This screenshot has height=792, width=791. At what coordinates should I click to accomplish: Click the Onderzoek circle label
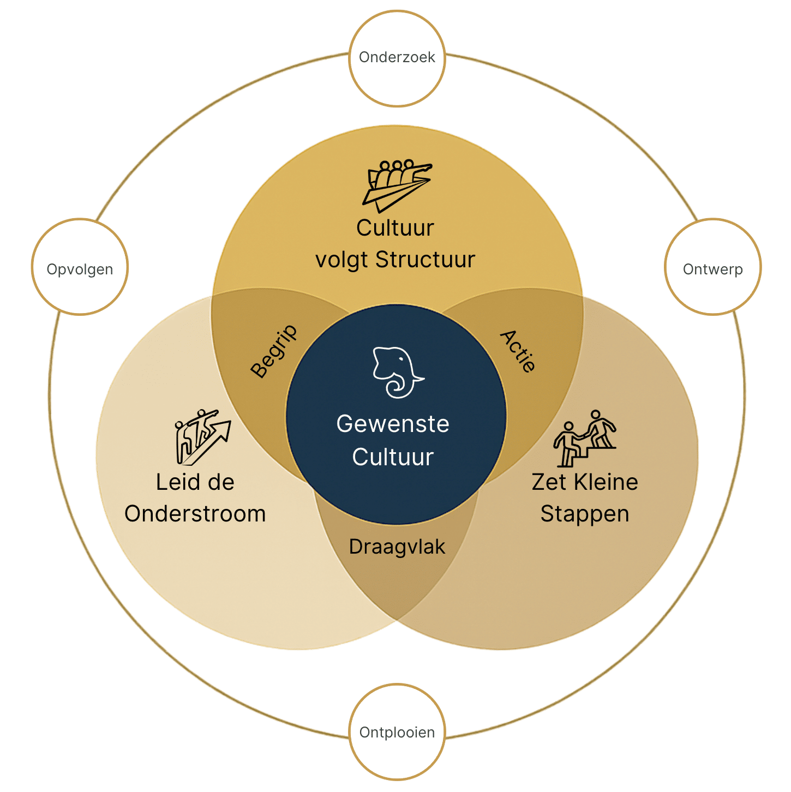tap(397, 57)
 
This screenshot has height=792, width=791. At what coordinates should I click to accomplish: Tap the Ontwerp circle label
tap(712, 269)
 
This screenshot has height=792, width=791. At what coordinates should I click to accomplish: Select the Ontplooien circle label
tap(397, 732)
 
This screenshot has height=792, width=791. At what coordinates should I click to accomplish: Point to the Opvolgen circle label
tap(80, 269)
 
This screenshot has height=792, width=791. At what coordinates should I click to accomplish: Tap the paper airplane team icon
tap(397, 185)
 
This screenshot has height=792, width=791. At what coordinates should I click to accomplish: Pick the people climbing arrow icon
tap(202, 436)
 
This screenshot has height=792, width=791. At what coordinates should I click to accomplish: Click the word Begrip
tap(274, 351)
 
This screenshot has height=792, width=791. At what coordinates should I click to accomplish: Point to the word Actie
tap(518, 351)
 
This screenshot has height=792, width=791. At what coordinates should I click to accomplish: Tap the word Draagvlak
tap(397, 547)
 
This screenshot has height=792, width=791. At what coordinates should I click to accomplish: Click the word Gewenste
tap(393, 424)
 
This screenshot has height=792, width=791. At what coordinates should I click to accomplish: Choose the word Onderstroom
tap(195, 514)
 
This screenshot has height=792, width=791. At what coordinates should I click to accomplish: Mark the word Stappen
tap(585, 514)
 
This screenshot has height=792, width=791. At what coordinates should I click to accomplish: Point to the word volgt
tap(341, 260)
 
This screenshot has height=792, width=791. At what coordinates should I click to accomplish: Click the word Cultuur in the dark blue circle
tap(393, 457)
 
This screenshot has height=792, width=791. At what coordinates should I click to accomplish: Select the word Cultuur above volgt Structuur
tap(395, 228)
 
